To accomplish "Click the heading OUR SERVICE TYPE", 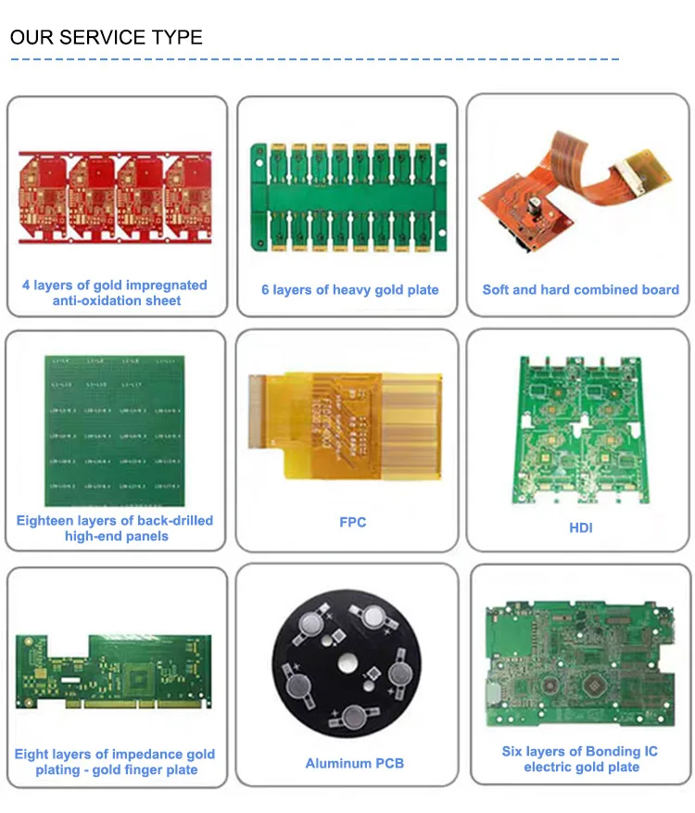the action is click(106, 38).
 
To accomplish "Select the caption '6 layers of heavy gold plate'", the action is click(349, 290).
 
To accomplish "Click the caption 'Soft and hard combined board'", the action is click(580, 290).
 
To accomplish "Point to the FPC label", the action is click(352, 523).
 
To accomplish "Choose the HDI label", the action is click(580, 528).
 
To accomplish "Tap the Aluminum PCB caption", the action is click(354, 764).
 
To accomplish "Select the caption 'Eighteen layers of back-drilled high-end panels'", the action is click(115, 528).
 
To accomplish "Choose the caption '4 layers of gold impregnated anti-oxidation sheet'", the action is click(115, 293).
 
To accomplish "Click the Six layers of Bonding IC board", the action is click(579, 664).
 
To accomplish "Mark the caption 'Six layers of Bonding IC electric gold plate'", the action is click(580, 759).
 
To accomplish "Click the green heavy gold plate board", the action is click(347, 197).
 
